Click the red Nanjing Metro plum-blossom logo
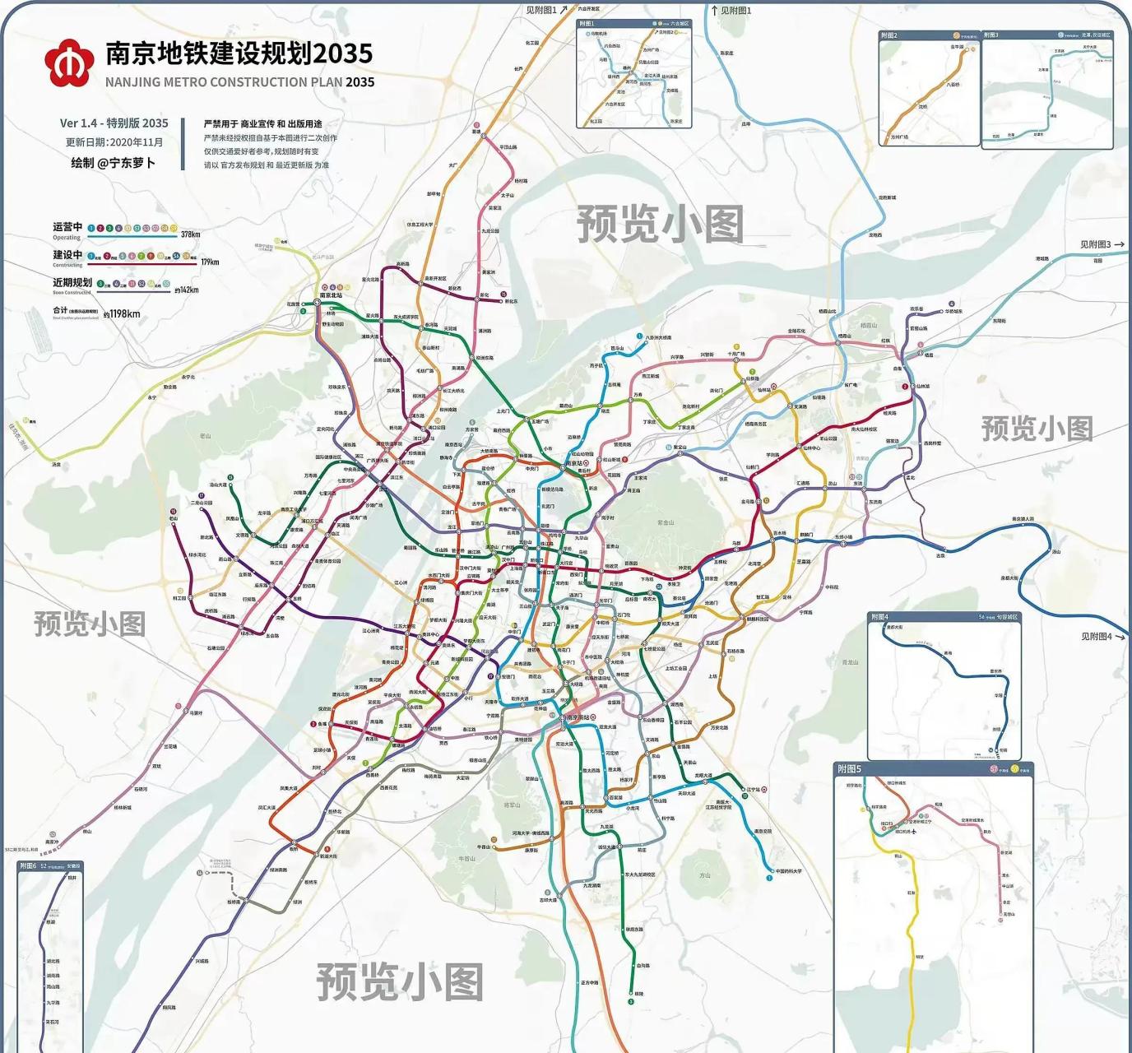pos(68,63)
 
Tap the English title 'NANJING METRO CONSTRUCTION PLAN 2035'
pos(239,82)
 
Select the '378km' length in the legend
pos(190,234)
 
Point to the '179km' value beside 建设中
pos(210,262)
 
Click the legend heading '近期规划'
pos(72,282)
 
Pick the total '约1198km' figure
pos(122,313)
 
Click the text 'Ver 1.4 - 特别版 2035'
pos(114,123)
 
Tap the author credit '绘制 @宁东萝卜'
pos(113,163)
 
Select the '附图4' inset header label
pos(879,617)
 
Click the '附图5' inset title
pos(849,768)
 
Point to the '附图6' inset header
pos(28,866)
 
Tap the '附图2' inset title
pos(888,35)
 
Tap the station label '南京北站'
pos(331,295)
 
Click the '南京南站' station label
pos(578,717)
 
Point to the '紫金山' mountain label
pos(665,522)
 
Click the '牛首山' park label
pos(466,858)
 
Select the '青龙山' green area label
pos(850,661)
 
